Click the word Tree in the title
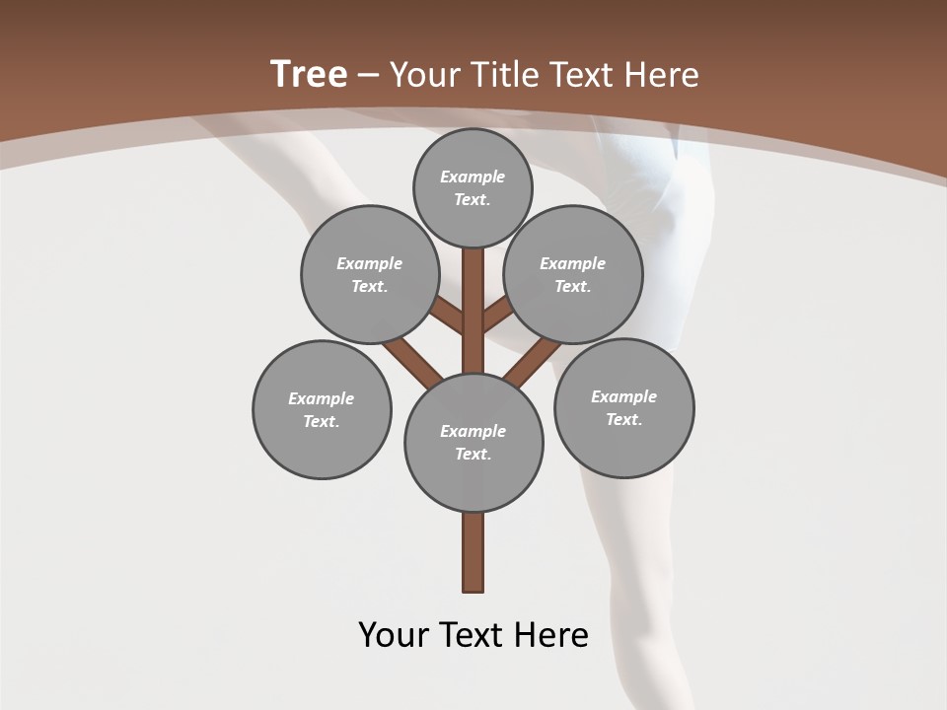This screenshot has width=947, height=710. pos(309,74)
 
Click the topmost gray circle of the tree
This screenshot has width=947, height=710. pos(473,187)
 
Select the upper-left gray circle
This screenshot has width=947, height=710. pos(370,274)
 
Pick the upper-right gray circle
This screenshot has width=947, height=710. pos(573,274)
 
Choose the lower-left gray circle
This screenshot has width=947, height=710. pos(322,409)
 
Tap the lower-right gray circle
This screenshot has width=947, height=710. pos(624,407)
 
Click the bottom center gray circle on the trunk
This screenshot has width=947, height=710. pos(473,442)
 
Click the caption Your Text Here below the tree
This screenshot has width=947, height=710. pos(473,634)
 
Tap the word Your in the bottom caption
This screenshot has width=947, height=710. pos(394,634)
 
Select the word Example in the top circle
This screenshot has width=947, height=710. pos(473,177)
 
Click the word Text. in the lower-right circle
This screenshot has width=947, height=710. pos(624,419)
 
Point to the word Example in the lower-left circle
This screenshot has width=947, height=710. pos(322,398)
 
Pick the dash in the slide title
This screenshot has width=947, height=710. pos(369,75)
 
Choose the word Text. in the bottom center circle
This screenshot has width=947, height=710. pos(473,454)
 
